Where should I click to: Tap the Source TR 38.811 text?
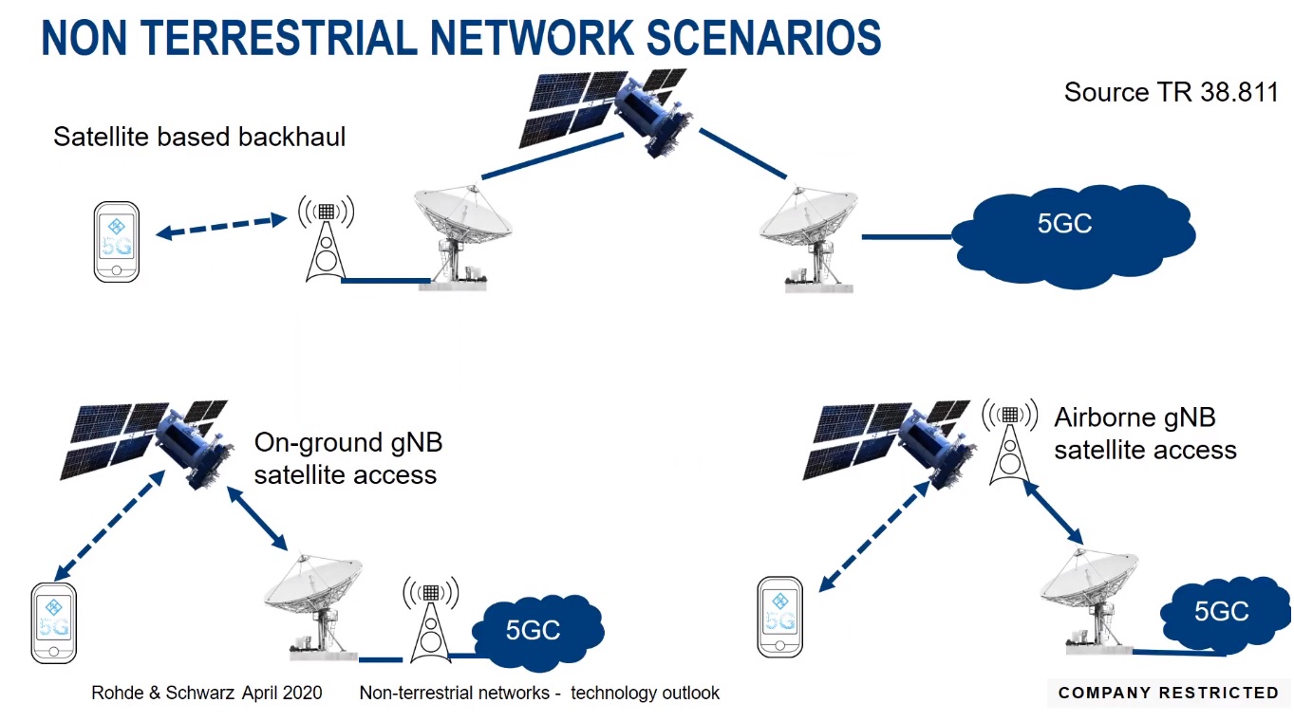(x=1171, y=92)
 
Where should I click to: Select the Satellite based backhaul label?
(x=199, y=137)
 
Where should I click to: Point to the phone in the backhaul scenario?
(x=117, y=241)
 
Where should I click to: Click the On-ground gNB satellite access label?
(x=347, y=458)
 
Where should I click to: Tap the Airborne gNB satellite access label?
(x=1145, y=434)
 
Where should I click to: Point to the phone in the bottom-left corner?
(x=53, y=622)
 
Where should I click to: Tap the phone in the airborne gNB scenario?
(x=780, y=616)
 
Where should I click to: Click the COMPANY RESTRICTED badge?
(x=1169, y=693)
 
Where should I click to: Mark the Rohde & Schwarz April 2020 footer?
(x=207, y=693)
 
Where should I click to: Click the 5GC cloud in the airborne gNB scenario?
(x=1221, y=611)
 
